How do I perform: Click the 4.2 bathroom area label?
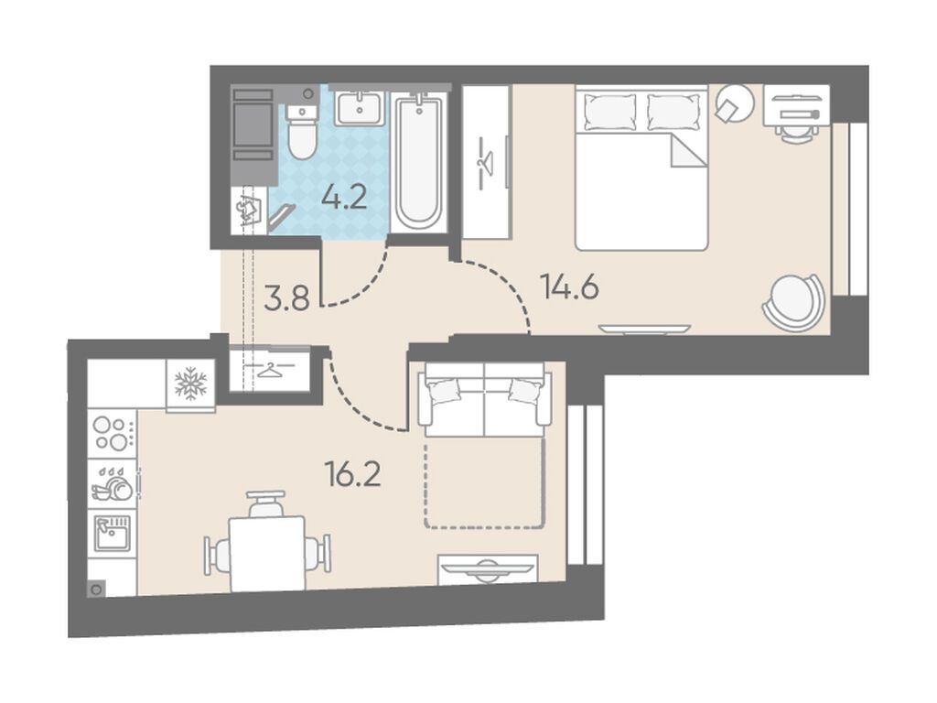pyautogui.click(x=344, y=198)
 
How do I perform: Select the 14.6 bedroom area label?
pyautogui.click(x=569, y=287)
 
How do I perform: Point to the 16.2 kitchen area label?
pyautogui.click(x=352, y=474)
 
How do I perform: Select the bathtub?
pyautogui.click(x=419, y=161)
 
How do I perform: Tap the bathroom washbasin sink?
pyautogui.click(x=359, y=108)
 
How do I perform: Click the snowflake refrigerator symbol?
pyautogui.click(x=190, y=384)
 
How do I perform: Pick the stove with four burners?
pyautogui.click(x=113, y=434)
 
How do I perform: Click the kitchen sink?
pyautogui.click(x=113, y=533)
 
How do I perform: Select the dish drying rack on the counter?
pyautogui.click(x=112, y=483)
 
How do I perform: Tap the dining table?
pyautogui.click(x=267, y=554)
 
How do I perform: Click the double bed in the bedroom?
pyautogui.click(x=641, y=168)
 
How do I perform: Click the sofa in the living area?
pyautogui.click(x=484, y=399)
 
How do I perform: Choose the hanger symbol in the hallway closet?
pyautogui.click(x=270, y=371)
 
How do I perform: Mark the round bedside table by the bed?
pyautogui.click(x=735, y=103)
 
